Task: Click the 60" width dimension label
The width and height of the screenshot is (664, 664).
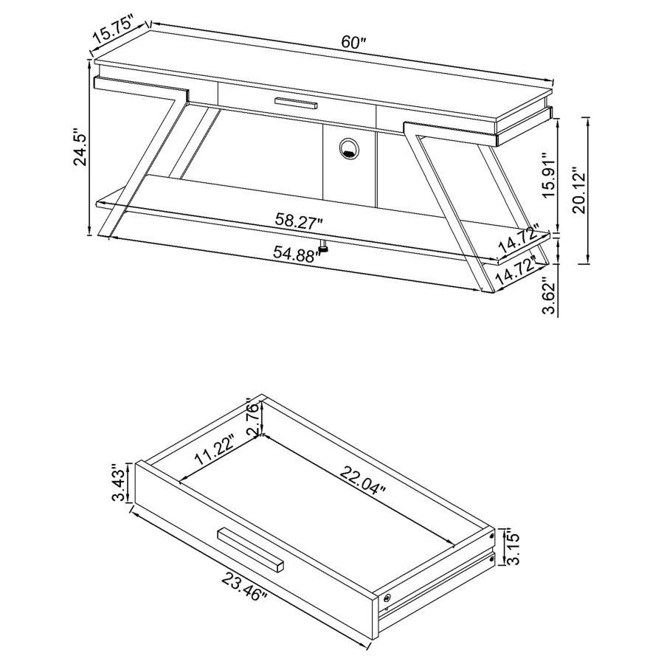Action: (353, 43)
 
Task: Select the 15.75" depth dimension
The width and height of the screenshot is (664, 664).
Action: (112, 33)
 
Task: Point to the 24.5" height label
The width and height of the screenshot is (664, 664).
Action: (80, 151)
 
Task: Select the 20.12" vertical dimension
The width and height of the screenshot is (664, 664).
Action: (579, 191)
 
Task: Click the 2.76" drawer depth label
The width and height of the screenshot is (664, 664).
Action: (252, 418)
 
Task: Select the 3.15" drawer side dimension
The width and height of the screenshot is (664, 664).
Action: (514, 547)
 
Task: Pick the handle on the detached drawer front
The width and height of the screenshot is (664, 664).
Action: (251, 549)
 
